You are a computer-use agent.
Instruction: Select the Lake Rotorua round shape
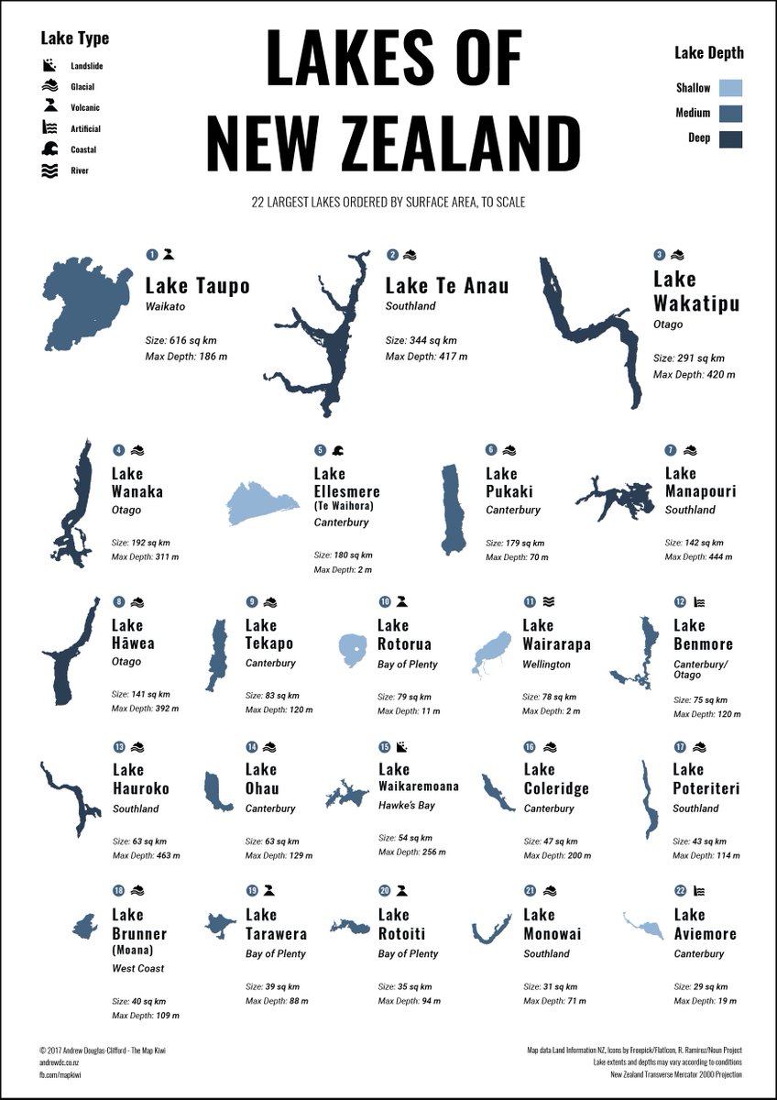pos(352,650)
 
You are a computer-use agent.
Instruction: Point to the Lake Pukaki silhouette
pos(453,510)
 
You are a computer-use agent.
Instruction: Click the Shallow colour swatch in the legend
pos(730,88)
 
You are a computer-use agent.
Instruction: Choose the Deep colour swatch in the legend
pos(730,138)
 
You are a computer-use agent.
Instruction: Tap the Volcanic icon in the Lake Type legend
pos(49,108)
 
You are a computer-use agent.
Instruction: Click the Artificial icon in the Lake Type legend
pos(49,129)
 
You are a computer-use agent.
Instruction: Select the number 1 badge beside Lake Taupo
pos(152,255)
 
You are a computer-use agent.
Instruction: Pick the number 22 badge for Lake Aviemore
pos(681,890)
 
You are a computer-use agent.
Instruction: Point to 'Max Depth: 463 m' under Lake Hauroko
pos(146,856)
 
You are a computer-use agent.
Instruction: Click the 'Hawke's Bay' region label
pos(407,806)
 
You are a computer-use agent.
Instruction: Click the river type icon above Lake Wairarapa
pos(548,601)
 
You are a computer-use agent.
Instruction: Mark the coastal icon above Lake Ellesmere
pos(338,450)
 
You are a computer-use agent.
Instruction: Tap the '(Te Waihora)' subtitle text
pos(342,506)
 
